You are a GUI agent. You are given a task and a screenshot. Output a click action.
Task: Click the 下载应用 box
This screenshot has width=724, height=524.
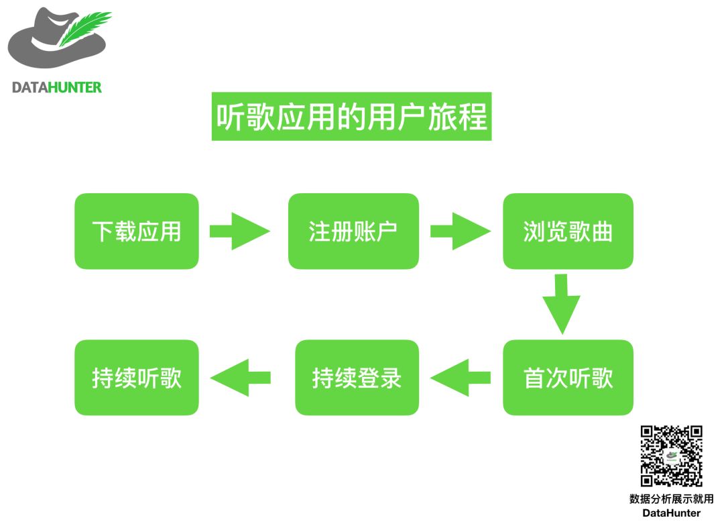137,231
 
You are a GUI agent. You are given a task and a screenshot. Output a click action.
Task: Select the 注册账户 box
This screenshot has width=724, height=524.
353,231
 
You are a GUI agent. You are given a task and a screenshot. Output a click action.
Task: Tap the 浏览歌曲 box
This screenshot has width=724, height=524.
568,231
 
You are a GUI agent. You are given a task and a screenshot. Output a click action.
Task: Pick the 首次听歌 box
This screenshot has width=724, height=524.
568,378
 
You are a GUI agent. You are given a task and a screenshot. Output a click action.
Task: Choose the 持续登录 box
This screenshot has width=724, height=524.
357,378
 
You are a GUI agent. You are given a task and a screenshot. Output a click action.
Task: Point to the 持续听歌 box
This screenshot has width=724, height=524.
137,378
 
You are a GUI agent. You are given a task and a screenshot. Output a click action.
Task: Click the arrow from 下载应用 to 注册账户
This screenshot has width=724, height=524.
239,231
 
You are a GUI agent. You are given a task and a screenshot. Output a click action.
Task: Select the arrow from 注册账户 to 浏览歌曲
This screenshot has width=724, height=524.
460,231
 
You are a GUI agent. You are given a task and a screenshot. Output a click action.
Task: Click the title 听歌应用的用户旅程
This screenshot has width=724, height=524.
351,117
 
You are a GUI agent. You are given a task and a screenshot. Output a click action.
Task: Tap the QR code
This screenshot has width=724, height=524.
671,456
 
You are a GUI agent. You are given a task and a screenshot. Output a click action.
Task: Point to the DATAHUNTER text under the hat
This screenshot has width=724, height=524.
57,87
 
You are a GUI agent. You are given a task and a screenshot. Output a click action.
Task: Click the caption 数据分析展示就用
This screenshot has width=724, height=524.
671,499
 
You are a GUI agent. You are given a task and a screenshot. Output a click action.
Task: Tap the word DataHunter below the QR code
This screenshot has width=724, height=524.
671,513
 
